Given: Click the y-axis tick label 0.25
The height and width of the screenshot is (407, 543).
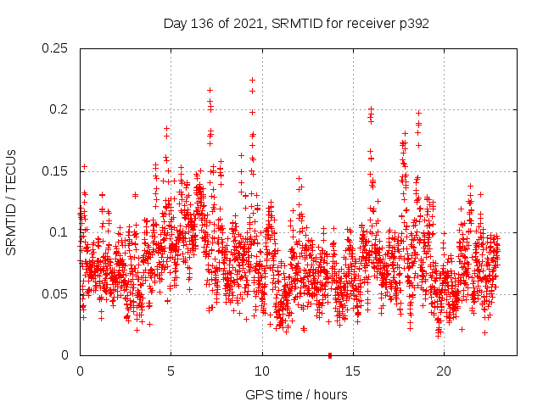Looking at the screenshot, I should (x=55, y=48).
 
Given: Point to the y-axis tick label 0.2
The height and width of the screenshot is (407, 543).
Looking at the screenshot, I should (x=59, y=109).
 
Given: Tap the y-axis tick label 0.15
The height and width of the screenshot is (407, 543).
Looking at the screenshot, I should (x=55, y=171).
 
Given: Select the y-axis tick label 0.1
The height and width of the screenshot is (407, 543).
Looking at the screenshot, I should (x=59, y=232).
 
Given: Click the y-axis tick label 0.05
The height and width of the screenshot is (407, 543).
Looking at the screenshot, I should (x=55, y=293).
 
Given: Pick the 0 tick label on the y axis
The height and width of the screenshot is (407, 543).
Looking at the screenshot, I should (x=67, y=355).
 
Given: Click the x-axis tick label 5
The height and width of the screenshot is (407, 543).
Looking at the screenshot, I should (x=171, y=371).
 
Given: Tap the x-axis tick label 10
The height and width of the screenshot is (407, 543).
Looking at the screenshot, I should (x=262, y=371).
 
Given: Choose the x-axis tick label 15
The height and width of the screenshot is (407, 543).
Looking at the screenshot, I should (x=353, y=371).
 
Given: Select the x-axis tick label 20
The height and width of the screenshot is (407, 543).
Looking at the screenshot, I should (x=444, y=371).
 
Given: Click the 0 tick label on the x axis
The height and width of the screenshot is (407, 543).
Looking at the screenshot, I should (x=80, y=371).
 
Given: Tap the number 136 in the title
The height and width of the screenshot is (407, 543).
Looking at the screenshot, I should (x=200, y=24).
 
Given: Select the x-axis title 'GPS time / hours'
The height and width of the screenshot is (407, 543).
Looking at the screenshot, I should (x=297, y=395).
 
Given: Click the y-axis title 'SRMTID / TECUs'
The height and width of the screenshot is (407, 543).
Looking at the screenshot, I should (x=12, y=202).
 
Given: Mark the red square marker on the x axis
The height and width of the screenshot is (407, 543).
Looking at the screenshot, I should (x=330, y=354).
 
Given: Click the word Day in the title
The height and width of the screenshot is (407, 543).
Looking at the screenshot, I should (x=175, y=24).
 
